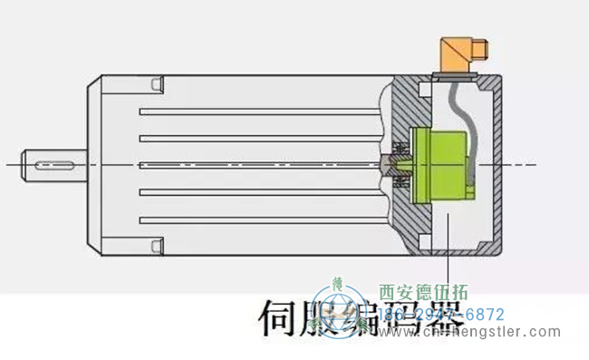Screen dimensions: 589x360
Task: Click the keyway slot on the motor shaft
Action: [55, 163]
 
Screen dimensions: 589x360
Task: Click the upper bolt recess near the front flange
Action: [157, 86]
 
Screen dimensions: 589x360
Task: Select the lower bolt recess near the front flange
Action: [157, 242]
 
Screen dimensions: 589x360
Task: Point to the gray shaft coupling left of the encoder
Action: [394, 164]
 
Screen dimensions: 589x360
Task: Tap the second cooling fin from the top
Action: [258, 138]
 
